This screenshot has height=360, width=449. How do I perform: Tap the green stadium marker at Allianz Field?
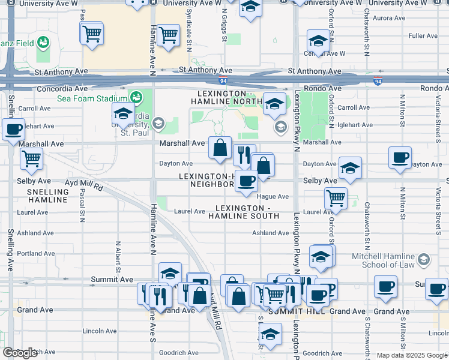43,43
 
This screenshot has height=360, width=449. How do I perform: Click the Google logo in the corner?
20,353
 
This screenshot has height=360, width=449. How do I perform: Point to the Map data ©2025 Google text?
412,355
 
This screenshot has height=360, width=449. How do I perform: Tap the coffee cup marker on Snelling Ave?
14,128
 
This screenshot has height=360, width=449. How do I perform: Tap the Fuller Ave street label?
423,37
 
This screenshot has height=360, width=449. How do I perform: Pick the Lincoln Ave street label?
100,331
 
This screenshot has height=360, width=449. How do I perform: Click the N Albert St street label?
118,253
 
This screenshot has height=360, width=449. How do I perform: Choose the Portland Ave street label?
36,254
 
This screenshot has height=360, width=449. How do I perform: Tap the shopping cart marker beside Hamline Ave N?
169,35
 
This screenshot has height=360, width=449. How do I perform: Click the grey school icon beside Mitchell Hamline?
424,259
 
